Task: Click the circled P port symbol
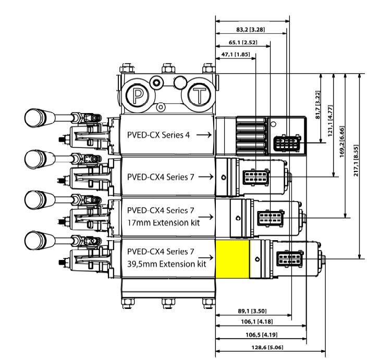(139, 95)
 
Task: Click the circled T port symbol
(200, 95)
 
